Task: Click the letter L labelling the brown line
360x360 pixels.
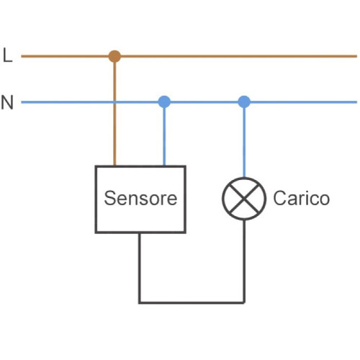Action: (8, 55)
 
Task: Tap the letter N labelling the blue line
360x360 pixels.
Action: (7, 102)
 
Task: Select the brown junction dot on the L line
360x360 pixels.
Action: (114, 56)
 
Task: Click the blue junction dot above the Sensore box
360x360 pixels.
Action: (164, 102)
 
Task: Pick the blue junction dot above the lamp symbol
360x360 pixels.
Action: (244, 102)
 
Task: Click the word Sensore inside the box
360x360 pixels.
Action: (140, 198)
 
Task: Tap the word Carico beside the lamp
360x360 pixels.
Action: (302, 198)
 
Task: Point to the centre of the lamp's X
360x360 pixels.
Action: (244, 199)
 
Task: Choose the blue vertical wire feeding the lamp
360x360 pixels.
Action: (244, 143)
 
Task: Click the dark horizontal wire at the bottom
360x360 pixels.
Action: (192, 302)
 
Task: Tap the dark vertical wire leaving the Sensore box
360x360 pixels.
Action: (140, 268)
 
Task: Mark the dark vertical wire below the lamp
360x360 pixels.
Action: (244, 261)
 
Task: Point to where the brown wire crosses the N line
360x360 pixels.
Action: (114, 102)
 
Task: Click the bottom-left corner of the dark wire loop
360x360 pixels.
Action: (140, 302)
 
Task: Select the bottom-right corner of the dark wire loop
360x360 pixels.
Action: (244, 302)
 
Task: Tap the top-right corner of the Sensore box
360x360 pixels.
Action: (185, 166)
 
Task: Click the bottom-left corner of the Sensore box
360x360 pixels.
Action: (96, 232)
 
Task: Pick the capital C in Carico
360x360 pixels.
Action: (279, 198)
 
